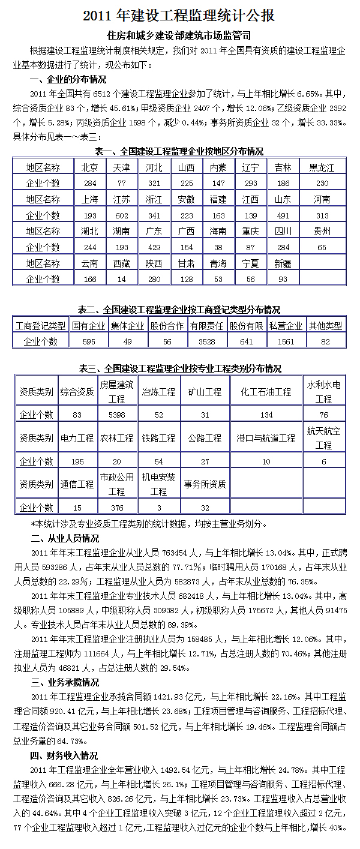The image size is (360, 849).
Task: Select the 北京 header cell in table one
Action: pos(90,167)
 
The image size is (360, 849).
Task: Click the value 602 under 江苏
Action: pos(122,215)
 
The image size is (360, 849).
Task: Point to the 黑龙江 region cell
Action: pos(322,167)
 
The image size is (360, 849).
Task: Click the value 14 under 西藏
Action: pos(122,279)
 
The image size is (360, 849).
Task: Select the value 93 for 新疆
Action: pos(280,279)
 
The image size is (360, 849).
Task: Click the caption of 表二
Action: pos(179,310)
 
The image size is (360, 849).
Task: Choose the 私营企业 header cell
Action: pos(286,326)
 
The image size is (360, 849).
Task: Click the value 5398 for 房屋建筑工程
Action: pos(116,415)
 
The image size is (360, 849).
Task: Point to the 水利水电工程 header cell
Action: pos(323,391)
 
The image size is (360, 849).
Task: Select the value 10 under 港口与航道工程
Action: pos(266,461)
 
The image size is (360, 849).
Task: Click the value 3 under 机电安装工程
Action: pos(159,508)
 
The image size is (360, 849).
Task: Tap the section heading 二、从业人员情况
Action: pos(65,538)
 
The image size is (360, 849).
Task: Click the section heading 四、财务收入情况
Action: pos(65,755)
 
